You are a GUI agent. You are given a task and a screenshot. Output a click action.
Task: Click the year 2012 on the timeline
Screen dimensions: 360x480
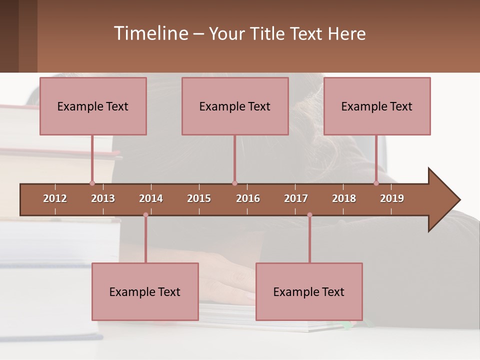tap(55, 198)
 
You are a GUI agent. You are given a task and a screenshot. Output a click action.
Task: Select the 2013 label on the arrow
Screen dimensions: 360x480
tap(103, 198)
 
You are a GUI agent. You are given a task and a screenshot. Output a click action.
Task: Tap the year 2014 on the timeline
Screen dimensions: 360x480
tap(151, 198)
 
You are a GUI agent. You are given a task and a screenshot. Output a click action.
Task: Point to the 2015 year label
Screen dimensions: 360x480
tap(199, 198)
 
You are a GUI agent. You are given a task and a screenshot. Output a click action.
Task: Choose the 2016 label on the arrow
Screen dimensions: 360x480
tap(248, 198)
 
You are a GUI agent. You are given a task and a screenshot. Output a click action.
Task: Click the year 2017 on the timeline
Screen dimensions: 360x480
tap(296, 198)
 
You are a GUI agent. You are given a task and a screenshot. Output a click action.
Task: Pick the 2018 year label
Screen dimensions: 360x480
tap(344, 198)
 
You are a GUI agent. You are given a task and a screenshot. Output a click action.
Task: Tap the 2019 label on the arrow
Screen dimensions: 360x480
tap(392, 198)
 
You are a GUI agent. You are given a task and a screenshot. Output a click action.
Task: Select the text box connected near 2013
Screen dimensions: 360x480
tap(93, 106)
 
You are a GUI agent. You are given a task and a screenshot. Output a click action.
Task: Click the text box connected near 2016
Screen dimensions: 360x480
tap(235, 106)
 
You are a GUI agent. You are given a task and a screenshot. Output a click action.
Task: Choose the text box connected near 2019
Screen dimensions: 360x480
tap(377, 106)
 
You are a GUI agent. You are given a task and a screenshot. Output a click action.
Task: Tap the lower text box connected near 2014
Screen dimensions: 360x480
tap(145, 291)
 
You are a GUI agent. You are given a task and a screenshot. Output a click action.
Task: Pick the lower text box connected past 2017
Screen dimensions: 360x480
tap(309, 291)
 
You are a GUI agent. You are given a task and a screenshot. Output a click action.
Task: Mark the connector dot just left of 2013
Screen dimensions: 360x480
tap(92, 183)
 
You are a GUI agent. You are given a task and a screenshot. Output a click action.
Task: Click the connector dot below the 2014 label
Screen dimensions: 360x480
tap(145, 215)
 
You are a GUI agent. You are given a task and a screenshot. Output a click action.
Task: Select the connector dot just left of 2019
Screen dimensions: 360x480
tap(376, 183)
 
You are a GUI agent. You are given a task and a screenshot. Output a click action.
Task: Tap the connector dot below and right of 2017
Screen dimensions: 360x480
tap(309, 215)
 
